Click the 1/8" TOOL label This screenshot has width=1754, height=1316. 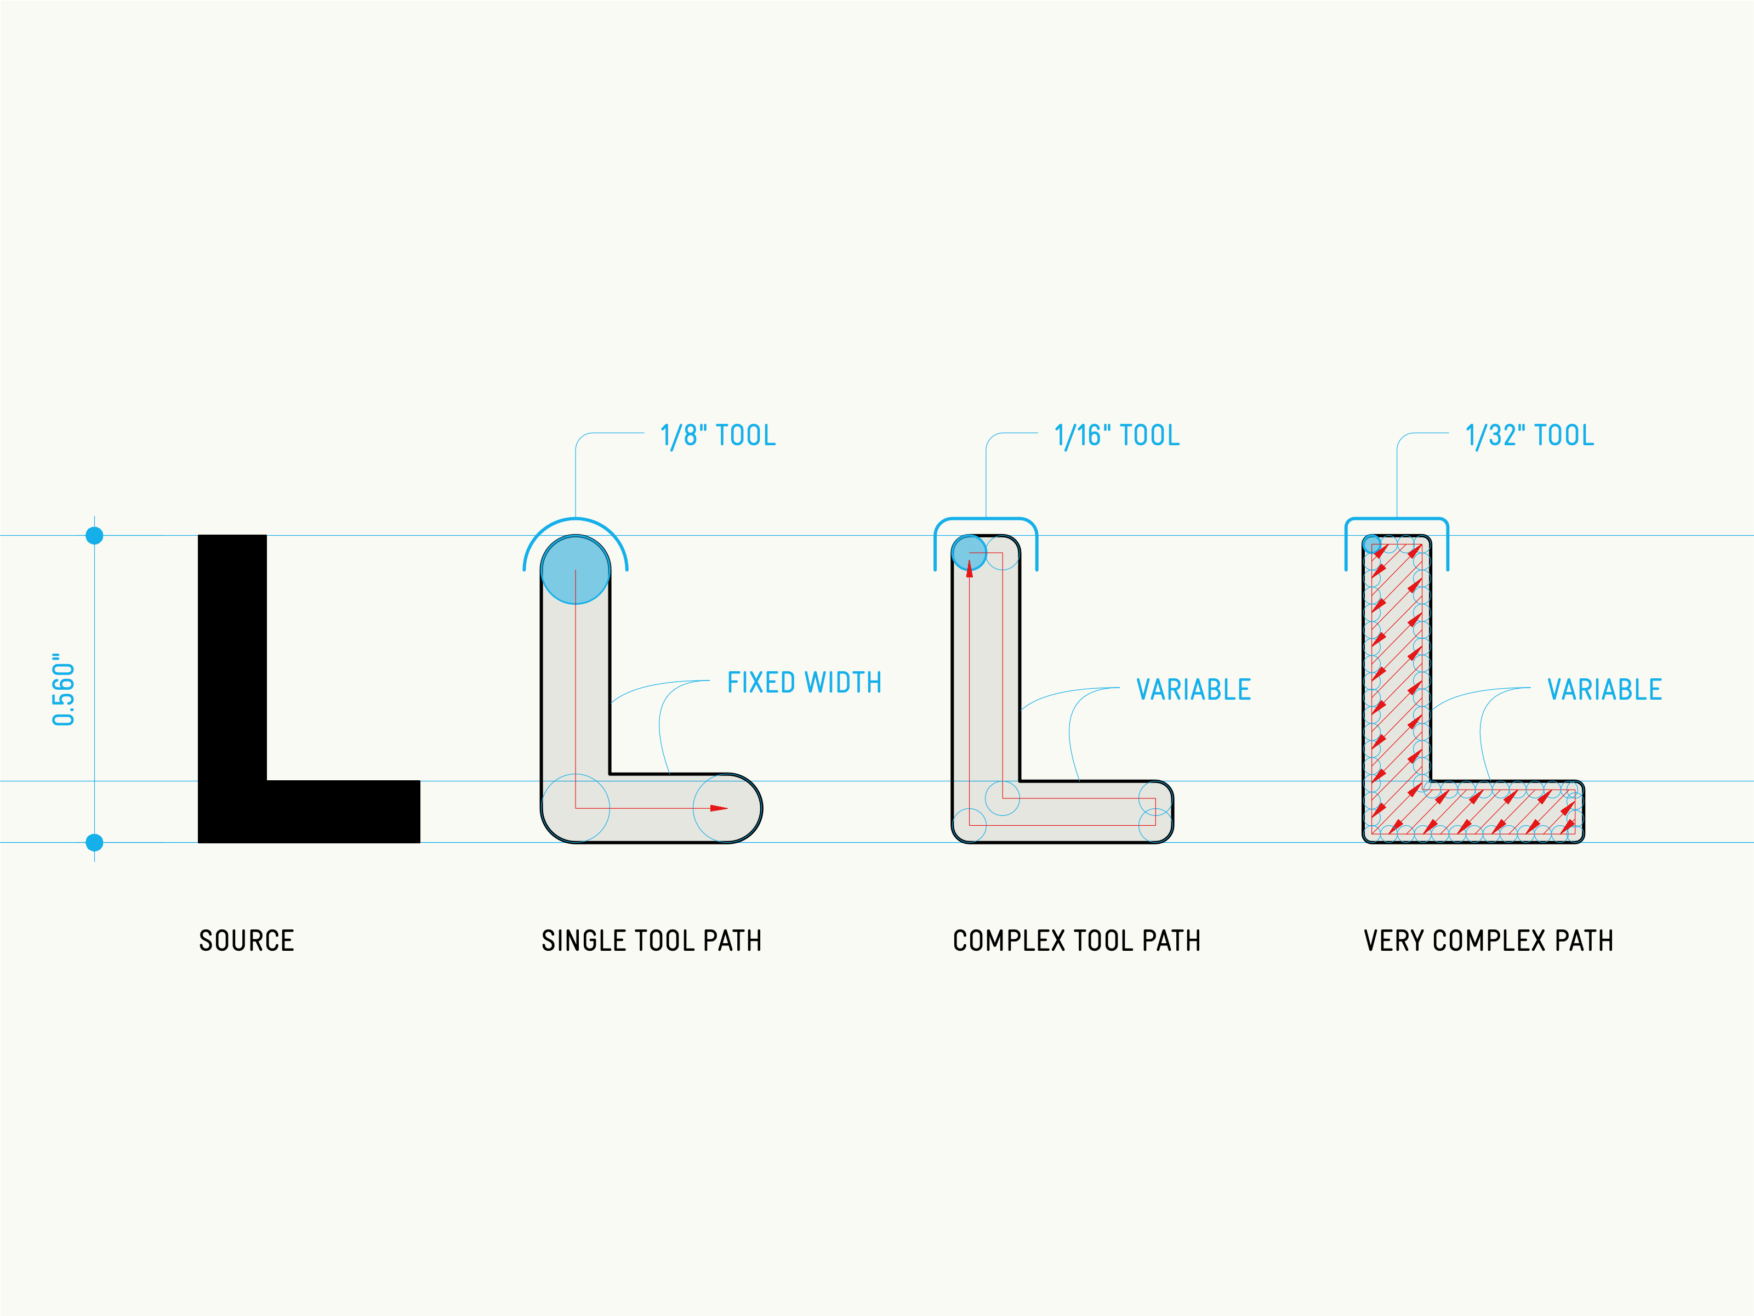pos(717,435)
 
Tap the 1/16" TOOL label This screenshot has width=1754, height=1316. pos(1117,435)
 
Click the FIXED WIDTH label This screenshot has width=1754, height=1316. pos(804,682)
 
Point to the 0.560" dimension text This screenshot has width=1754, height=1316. pos(64,689)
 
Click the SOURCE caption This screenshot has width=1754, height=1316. pos(247,941)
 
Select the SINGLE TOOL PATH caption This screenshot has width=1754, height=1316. pos(651,941)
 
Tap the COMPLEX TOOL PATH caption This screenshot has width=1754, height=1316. pos(1076,941)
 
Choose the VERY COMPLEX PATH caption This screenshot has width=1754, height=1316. pos(1488,941)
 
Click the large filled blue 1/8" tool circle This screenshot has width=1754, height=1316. pos(576,570)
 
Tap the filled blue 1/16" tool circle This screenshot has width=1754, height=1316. pos(969,553)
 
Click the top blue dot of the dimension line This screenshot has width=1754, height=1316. pos(94,536)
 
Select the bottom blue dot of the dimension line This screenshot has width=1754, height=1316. pos(94,842)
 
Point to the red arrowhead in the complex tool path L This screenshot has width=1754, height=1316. pos(969,569)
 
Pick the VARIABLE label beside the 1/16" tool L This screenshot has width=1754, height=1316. pos(1193,689)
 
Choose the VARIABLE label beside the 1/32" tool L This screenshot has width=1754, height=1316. pos(1604,689)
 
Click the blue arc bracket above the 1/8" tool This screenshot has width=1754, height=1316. pos(576,520)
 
